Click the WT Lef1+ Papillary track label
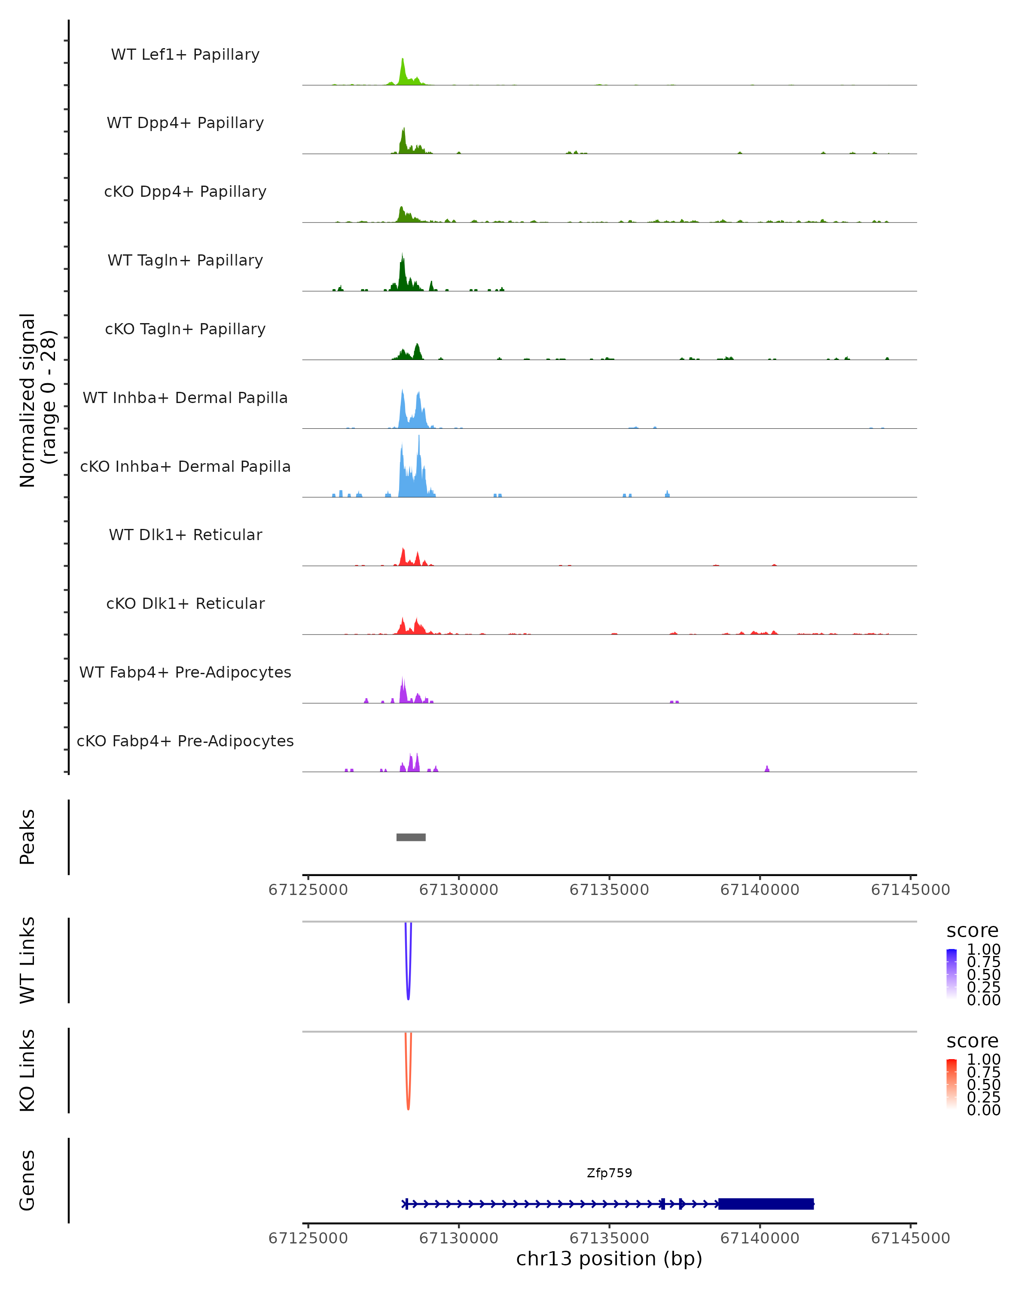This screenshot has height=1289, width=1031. click(x=185, y=55)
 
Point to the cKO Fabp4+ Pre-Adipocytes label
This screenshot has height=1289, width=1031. click(x=185, y=741)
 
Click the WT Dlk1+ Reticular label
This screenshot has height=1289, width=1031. click(x=185, y=535)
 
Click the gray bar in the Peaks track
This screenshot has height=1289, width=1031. click(x=411, y=837)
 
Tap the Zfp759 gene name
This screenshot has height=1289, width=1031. click(x=609, y=1173)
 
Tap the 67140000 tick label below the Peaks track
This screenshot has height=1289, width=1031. click(x=760, y=890)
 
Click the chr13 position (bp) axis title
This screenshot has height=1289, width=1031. click(x=609, y=1258)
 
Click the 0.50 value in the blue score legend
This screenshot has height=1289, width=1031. click(x=983, y=974)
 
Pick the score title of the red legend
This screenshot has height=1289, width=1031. click(x=973, y=1041)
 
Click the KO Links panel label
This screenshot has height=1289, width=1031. click(x=27, y=1070)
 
